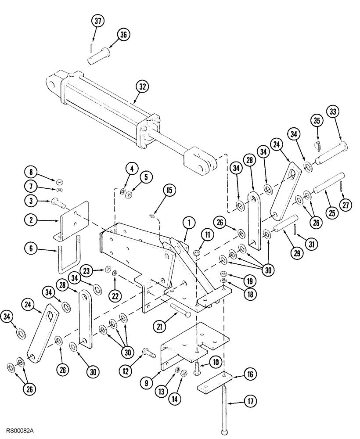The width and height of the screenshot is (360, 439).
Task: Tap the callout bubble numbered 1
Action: click(x=189, y=224)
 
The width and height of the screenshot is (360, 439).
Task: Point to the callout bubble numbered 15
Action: click(x=169, y=190)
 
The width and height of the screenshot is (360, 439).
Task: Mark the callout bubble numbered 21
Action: click(x=161, y=325)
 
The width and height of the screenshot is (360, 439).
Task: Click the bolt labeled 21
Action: click(x=180, y=310)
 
